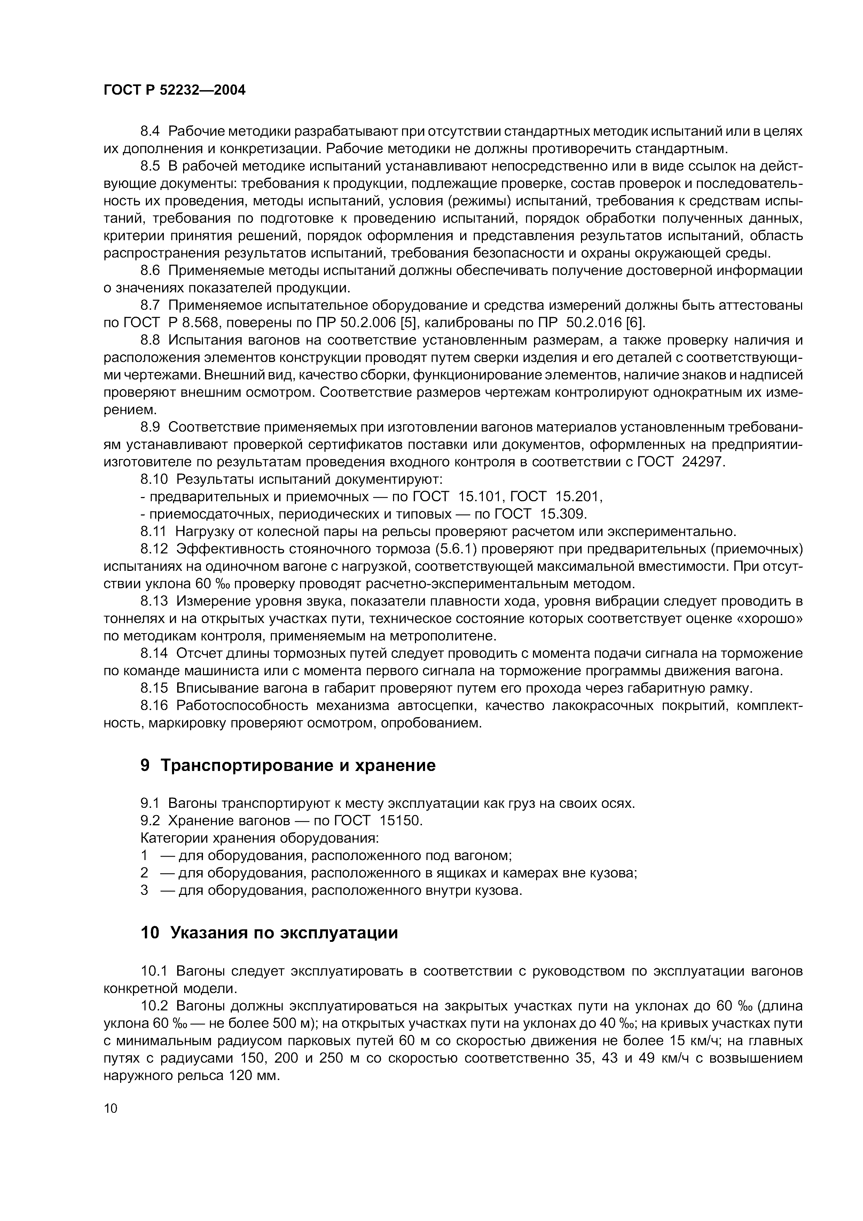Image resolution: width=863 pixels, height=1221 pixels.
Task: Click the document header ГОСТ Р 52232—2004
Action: click(x=174, y=90)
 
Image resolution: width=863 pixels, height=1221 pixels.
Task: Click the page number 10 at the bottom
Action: click(x=111, y=1108)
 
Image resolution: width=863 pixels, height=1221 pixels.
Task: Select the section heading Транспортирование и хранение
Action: click(x=298, y=765)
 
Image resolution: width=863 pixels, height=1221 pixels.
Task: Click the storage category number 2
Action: click(x=144, y=873)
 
